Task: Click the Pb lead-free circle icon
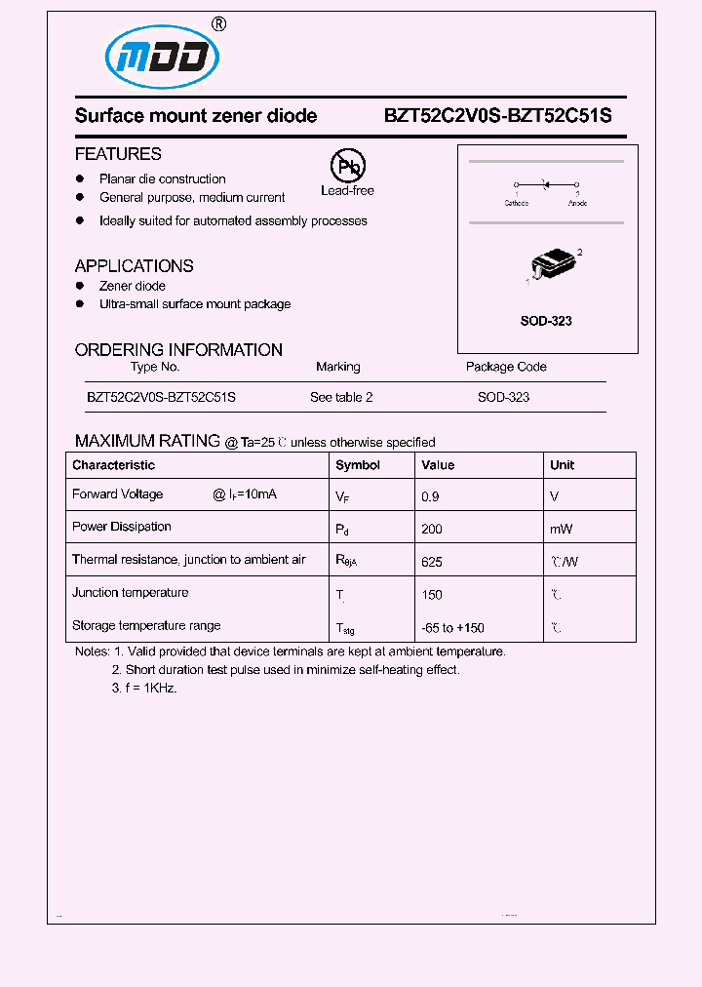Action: click(x=346, y=167)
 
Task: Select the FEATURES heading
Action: click(x=118, y=154)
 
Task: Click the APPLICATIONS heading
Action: click(x=134, y=265)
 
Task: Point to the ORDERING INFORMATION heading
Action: click(x=178, y=349)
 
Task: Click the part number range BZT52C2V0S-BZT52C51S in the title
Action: click(x=497, y=115)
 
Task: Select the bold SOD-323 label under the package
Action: click(x=546, y=321)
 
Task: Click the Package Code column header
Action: click(x=506, y=367)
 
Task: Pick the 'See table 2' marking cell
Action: click(x=341, y=397)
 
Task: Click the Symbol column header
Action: click(x=358, y=465)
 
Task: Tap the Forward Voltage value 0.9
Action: click(x=430, y=496)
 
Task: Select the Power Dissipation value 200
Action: click(x=432, y=529)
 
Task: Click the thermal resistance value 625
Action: click(x=432, y=562)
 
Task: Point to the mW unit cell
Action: click(x=561, y=529)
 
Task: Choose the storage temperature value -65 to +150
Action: click(x=452, y=628)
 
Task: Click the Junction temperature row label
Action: click(x=131, y=593)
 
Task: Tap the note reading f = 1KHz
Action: click(x=143, y=688)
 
